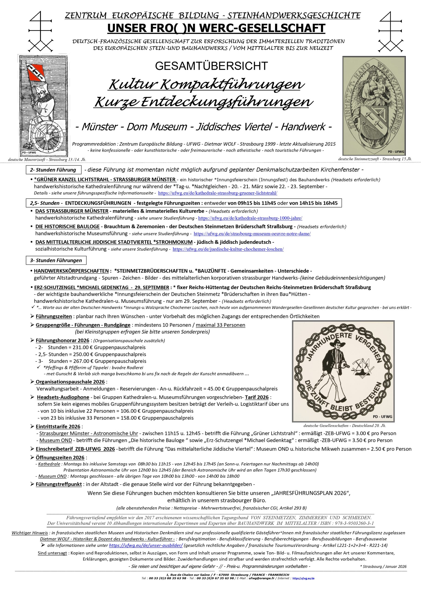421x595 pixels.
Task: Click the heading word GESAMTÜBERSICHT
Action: pyautogui.click(x=211, y=66)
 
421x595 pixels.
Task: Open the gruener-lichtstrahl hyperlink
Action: pyautogui.click(x=217, y=193)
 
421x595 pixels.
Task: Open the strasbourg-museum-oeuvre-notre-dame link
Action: pyautogui.click(x=252, y=234)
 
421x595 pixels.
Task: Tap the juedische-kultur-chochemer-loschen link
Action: pyautogui.click(x=228, y=249)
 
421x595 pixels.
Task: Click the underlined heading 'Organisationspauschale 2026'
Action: pyautogui.click(x=70, y=382)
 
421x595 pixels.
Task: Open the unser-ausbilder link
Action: pyautogui.click(x=146, y=545)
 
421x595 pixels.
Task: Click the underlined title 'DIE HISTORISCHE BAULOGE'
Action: pyautogui.click(x=67, y=226)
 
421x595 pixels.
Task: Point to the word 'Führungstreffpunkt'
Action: pyautogui.click(x=59, y=484)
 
